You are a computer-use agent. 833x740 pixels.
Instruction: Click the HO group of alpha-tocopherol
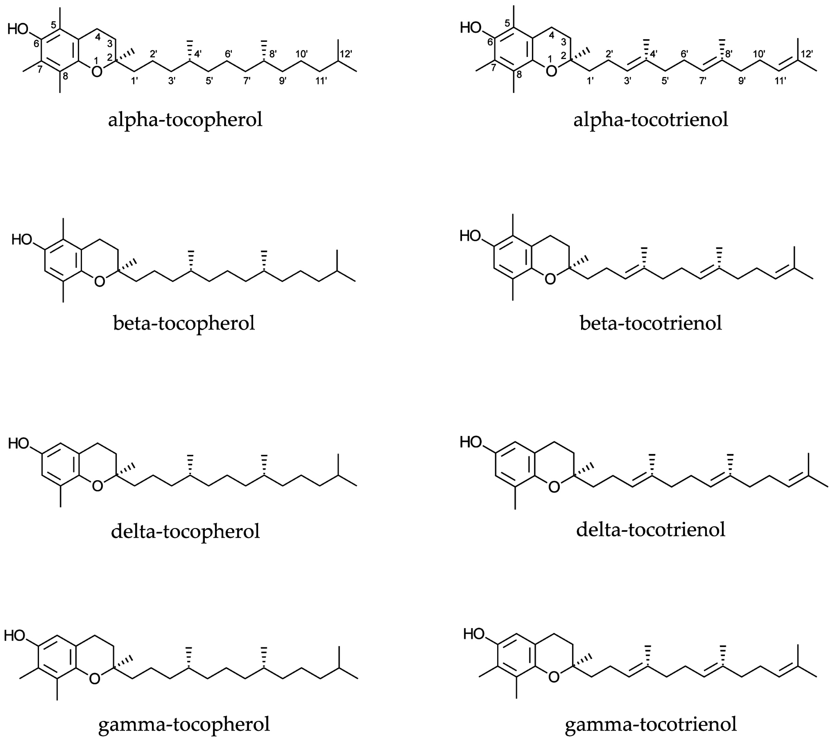pos(18,29)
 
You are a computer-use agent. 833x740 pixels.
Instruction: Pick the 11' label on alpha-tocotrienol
pos(780,81)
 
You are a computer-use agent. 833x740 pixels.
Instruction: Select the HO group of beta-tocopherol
pos(22,239)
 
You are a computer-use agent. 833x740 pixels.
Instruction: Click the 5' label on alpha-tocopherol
pos(209,81)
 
